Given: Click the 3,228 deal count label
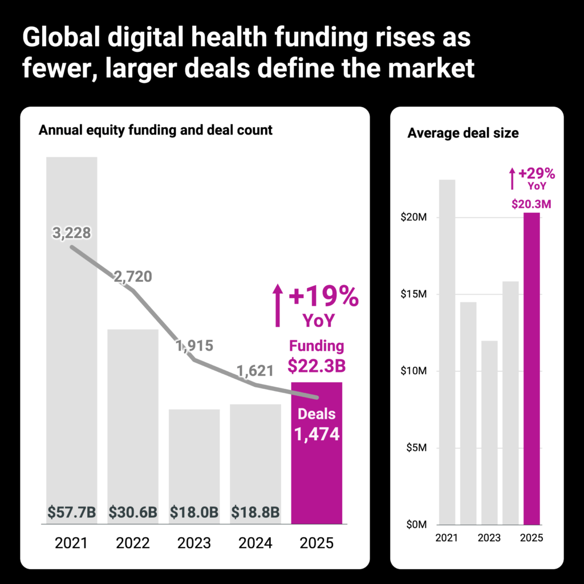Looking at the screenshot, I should (72, 233).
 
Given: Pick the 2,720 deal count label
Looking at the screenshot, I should (132, 277).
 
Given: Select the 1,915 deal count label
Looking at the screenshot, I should (194, 346).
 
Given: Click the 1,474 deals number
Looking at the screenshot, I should (317, 435).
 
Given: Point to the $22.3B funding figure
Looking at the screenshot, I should (317, 365).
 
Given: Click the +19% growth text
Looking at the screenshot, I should (323, 297).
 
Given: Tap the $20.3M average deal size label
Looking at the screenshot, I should (530, 204).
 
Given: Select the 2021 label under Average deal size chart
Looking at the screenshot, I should (447, 538).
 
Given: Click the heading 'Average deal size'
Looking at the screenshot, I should (463, 133).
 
